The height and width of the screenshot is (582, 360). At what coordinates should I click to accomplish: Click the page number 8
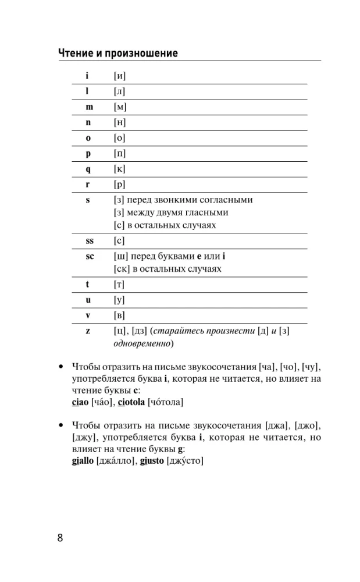coord(60,537)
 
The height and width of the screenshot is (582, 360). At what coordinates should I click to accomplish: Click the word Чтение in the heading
coord(75,54)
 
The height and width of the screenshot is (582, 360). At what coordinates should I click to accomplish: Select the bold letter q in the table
coord(88,169)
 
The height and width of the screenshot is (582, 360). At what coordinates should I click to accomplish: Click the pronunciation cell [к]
coord(120,169)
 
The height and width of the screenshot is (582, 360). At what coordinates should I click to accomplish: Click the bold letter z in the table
coord(88,331)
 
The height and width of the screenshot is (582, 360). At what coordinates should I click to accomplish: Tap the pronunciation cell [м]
coord(120,107)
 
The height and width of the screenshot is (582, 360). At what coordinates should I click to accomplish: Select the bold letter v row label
coord(88,315)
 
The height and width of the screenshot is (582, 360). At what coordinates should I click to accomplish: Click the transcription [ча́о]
coord(102,402)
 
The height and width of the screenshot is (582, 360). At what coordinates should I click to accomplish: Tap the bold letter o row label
coord(88,138)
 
